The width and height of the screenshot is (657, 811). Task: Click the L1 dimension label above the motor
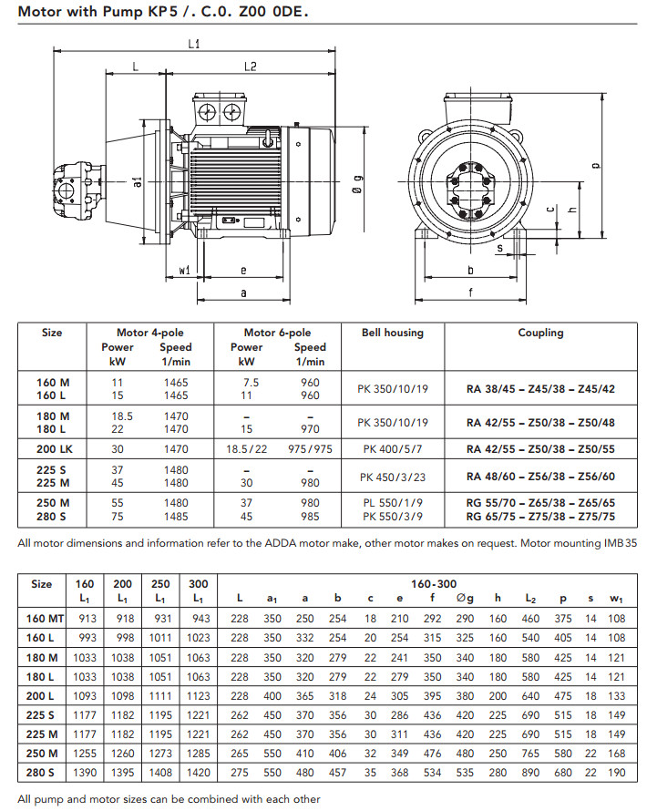[193, 44]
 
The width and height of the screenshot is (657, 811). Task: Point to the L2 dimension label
[250, 67]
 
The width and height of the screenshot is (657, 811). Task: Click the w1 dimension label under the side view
[184, 270]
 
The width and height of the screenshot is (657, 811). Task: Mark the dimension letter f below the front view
[469, 293]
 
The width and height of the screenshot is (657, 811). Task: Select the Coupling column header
[540, 334]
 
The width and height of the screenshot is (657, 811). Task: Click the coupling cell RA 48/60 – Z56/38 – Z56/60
[540, 477]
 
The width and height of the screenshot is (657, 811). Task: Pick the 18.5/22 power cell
[247, 449]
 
